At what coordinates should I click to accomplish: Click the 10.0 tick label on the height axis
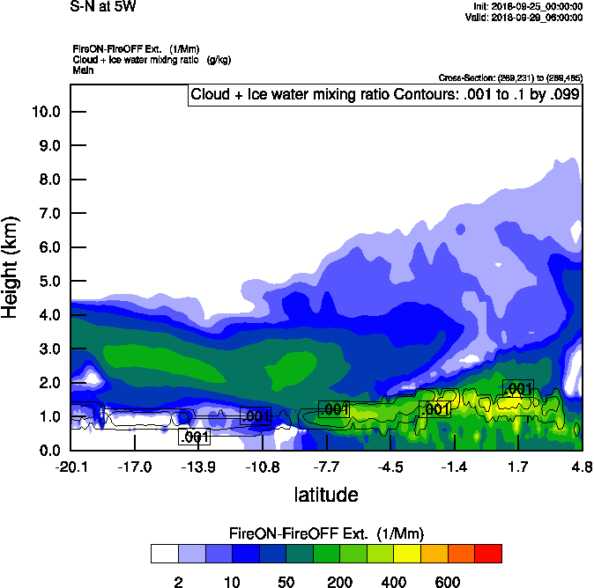(x=44, y=112)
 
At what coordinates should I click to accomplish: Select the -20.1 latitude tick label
(x=71, y=467)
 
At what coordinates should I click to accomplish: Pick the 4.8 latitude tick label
(x=581, y=467)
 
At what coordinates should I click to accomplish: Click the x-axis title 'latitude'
(x=325, y=495)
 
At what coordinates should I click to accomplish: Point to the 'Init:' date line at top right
(x=527, y=6)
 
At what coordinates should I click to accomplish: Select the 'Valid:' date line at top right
(x=526, y=17)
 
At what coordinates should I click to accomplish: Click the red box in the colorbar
(x=488, y=553)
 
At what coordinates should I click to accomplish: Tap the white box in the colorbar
(x=164, y=553)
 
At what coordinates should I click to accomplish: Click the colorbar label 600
(x=448, y=582)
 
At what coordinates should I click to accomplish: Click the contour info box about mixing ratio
(x=385, y=95)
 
